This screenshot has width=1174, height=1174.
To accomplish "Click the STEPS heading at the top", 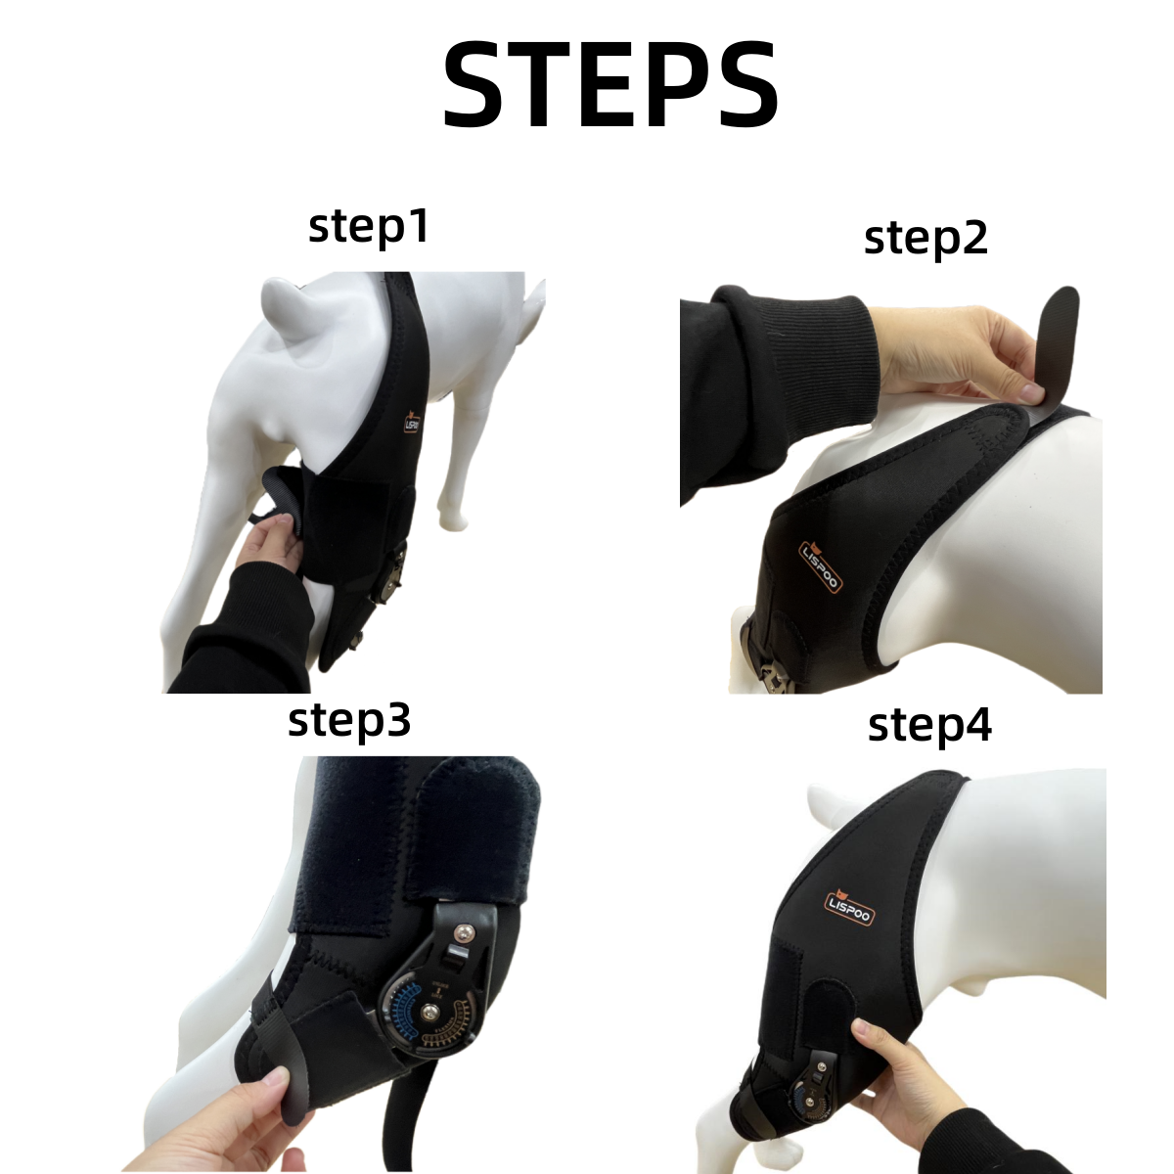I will point(611,86).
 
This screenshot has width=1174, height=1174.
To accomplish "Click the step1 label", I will point(368,227).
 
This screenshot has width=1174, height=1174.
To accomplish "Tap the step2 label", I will point(926,238).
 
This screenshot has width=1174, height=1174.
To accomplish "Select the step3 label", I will point(349,722).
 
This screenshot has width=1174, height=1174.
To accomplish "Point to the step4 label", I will point(929,726).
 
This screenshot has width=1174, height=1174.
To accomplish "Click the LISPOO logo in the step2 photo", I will point(798,566).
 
